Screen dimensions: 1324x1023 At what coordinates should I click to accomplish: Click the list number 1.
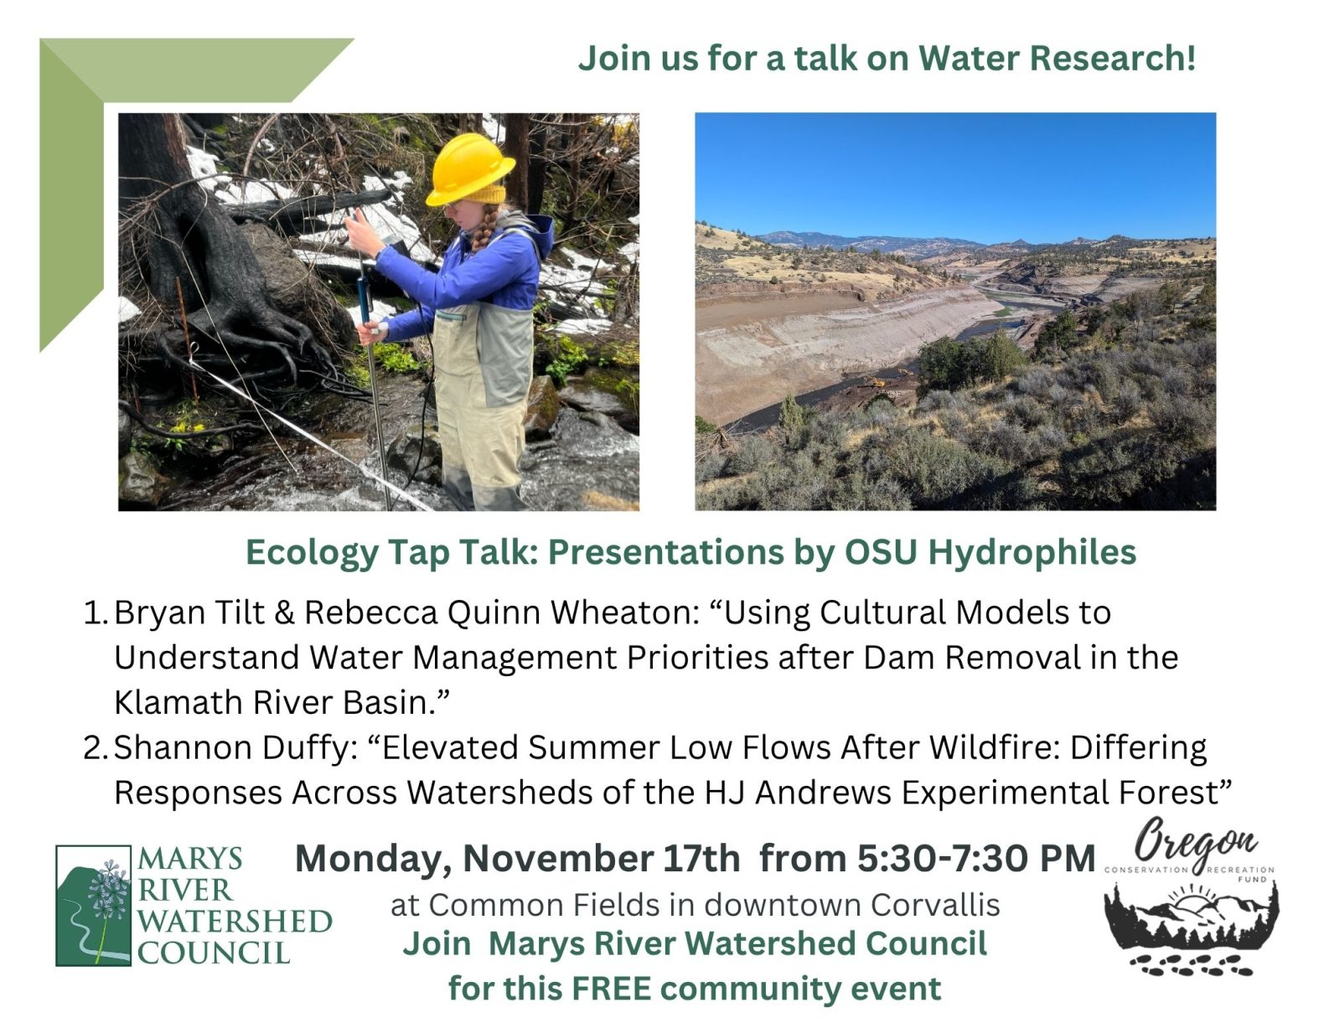point(95,613)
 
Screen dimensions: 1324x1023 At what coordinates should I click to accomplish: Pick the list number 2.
point(95,748)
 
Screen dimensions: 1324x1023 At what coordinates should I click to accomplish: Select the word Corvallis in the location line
point(934,906)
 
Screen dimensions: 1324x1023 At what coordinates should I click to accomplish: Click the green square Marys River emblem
point(93,906)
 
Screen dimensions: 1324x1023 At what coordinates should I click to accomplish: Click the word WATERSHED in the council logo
point(235,922)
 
